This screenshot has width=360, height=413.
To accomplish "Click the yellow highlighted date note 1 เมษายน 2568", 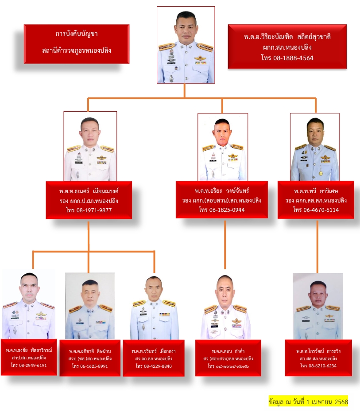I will [x=308, y=402].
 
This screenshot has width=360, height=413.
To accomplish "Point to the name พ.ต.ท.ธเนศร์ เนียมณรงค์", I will [x=89, y=191].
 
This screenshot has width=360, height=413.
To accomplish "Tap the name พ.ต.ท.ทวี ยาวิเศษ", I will [x=316, y=191].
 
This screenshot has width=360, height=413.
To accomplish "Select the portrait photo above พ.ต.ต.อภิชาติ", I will [x=90, y=306].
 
